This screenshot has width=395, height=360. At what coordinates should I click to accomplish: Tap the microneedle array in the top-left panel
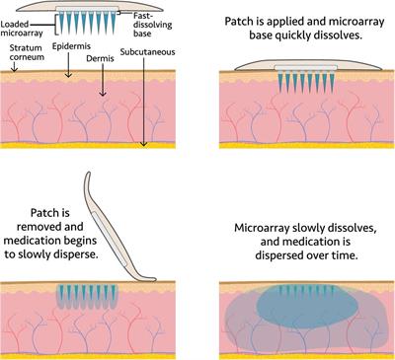tap(92, 21)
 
